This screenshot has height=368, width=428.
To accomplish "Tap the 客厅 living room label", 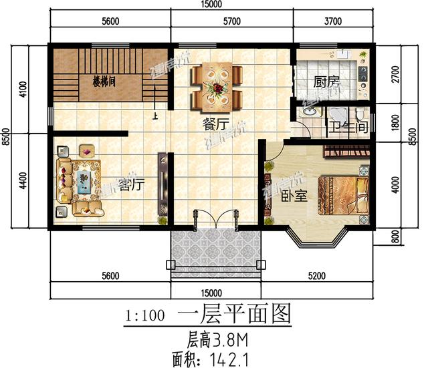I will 131,184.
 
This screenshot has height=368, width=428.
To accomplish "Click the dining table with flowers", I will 217,86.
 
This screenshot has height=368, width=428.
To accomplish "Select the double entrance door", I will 216,220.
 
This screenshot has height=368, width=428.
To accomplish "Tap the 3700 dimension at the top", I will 332,22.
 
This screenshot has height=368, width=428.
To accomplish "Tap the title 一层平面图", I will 233,315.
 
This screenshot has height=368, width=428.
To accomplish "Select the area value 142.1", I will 229,360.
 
